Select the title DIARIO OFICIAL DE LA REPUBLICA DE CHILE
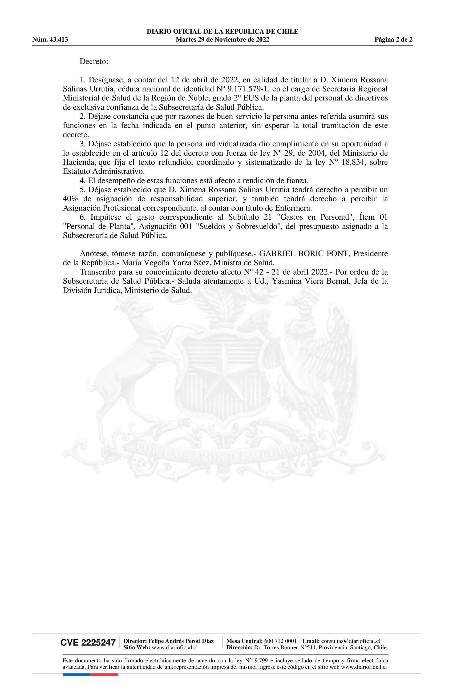coord(223,31)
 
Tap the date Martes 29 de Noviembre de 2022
coord(223,40)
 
